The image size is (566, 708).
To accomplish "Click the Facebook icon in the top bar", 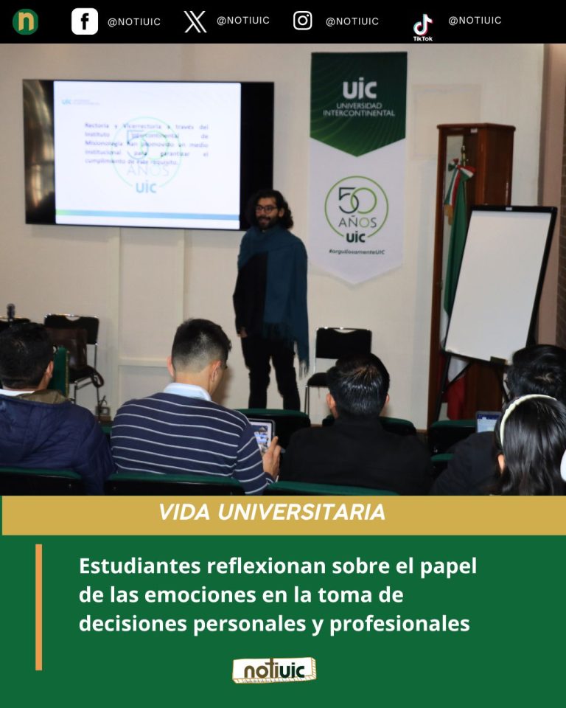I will click(x=85, y=21).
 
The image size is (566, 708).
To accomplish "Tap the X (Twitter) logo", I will click(x=195, y=21).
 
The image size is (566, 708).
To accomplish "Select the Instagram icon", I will click(x=303, y=21).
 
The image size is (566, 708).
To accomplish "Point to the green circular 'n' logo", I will click(x=25, y=21).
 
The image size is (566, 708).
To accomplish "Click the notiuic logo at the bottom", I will click(x=274, y=670).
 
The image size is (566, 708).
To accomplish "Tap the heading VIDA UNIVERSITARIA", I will click(x=271, y=513).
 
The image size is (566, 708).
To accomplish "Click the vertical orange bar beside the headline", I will click(x=38, y=606).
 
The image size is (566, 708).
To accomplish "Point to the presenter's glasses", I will click(x=267, y=209).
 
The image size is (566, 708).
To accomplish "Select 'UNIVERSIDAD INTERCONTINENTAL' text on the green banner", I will click(x=358, y=108).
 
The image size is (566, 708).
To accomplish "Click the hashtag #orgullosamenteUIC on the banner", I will click(x=357, y=252).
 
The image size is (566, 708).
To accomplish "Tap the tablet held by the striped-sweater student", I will click(x=261, y=434).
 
